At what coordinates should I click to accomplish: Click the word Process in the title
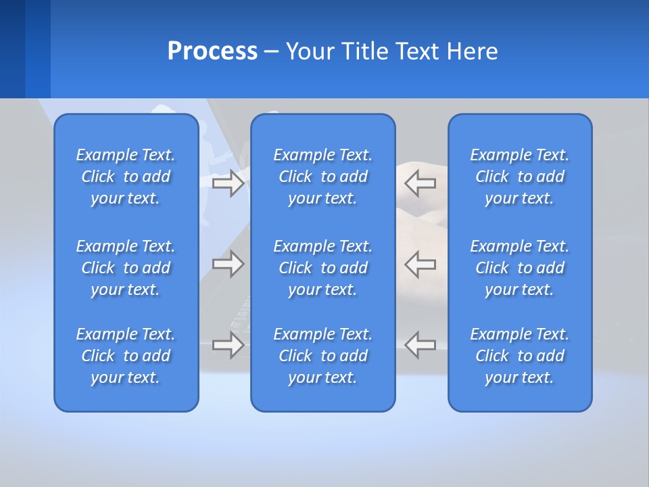(x=212, y=51)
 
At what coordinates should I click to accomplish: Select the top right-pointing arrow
(x=228, y=183)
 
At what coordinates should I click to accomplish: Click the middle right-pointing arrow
(x=228, y=264)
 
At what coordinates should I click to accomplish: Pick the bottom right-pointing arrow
(x=228, y=345)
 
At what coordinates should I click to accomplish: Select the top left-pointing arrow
(x=420, y=183)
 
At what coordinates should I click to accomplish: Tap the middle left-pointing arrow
(x=420, y=264)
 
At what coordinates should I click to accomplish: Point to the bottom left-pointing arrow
(x=420, y=345)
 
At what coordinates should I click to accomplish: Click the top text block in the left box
(x=126, y=177)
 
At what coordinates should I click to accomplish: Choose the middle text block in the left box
(x=126, y=268)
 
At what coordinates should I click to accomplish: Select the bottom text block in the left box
(x=126, y=356)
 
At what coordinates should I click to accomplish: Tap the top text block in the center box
(x=322, y=177)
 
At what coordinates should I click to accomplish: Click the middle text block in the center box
(x=322, y=268)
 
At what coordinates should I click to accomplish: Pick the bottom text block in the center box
(x=322, y=356)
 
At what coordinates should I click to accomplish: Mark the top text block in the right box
(x=519, y=177)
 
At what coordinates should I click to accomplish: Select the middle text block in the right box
(x=519, y=268)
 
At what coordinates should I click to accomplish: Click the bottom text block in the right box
(x=519, y=356)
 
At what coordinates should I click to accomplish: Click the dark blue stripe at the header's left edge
(x=12, y=49)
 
